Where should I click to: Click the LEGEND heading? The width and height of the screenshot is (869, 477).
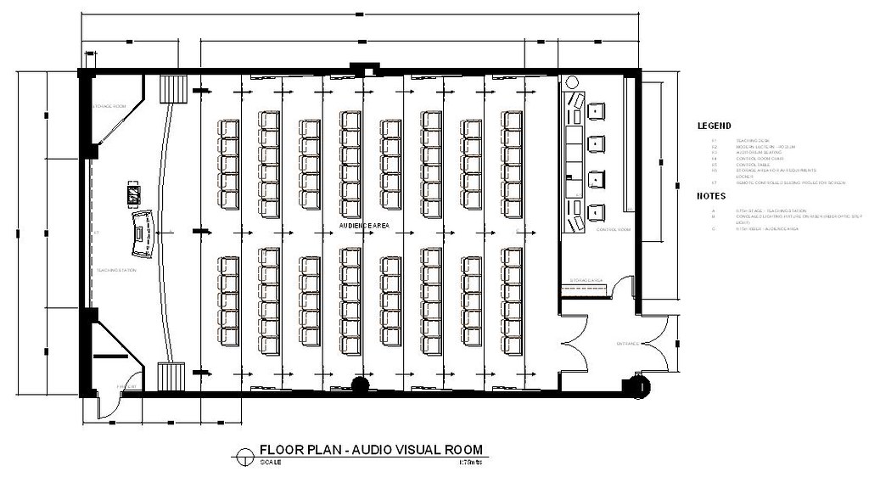pos(714,126)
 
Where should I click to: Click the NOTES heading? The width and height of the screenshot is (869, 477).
pos(710,195)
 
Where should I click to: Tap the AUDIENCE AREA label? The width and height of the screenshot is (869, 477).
pos(364,226)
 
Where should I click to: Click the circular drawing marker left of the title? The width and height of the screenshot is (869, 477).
pos(244,454)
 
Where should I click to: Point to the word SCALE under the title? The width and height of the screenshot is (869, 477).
pos(270,463)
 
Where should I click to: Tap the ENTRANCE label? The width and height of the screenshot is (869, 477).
pos(627,344)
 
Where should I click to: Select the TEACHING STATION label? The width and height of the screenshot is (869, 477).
pos(116,270)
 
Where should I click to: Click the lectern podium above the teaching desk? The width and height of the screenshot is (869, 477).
pos(133,194)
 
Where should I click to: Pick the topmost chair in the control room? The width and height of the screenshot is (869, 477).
pos(596,110)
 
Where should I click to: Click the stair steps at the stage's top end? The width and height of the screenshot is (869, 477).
pos(173,89)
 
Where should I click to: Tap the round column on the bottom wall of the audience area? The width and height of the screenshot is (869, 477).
pos(360,384)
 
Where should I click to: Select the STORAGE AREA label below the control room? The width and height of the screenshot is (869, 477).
pos(586,279)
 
